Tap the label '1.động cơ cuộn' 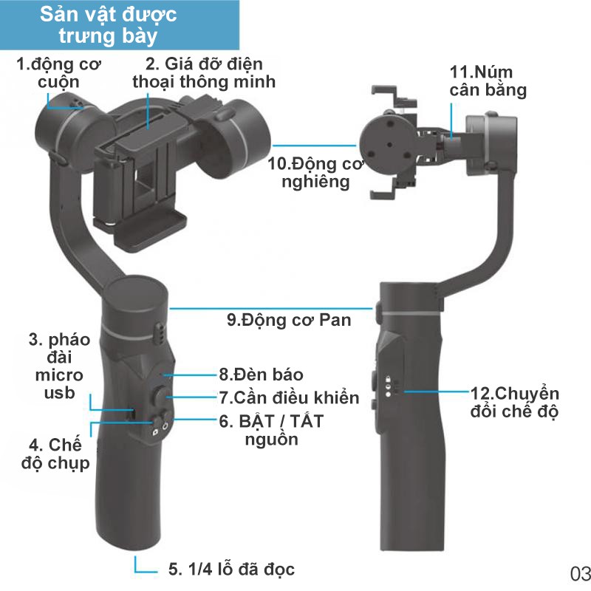click(59, 72)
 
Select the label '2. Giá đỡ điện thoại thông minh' click(204, 72)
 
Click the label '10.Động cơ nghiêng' click(316, 171)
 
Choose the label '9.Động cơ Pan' click(289, 320)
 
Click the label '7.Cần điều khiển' click(289, 397)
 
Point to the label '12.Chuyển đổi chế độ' click(514, 401)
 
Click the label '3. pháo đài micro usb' click(59, 366)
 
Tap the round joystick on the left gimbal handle click(160, 397)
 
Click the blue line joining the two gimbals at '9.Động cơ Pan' click(273, 305)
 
